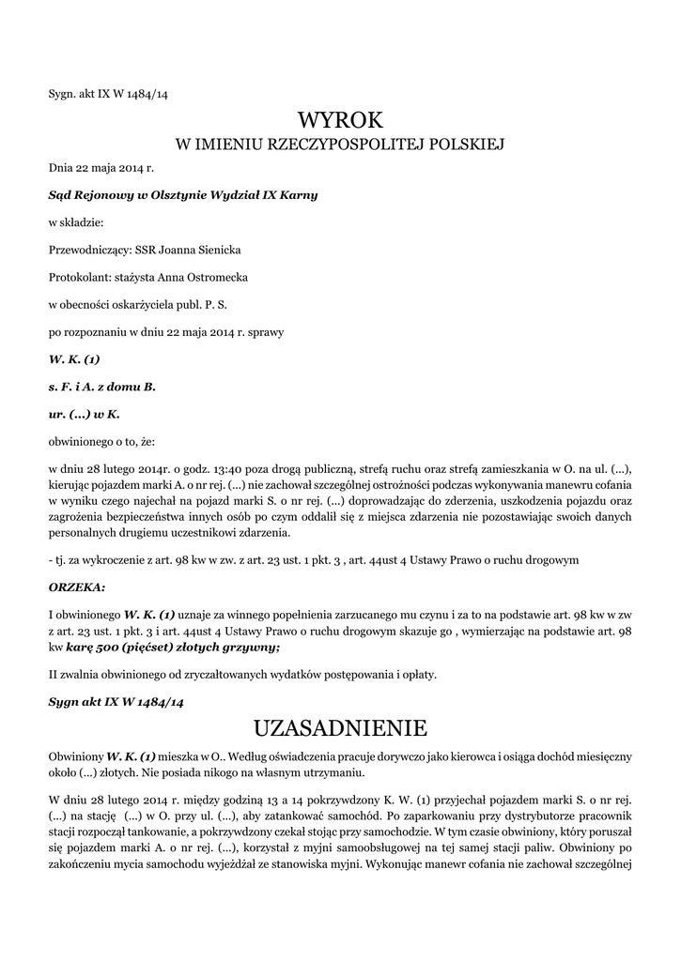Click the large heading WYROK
[x=340, y=119]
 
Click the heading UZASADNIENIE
[x=340, y=728]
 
